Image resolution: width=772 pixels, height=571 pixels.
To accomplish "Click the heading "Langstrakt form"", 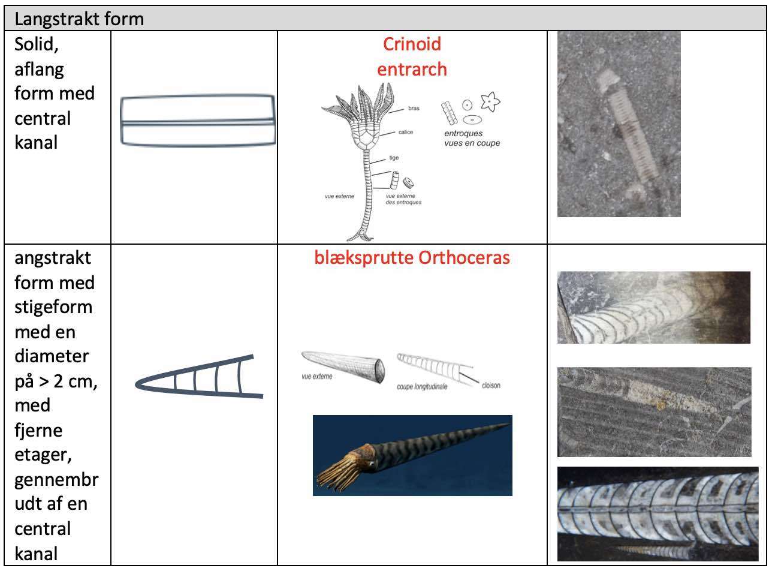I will click(79, 19).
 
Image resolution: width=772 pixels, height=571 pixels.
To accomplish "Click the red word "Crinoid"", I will click(412, 44).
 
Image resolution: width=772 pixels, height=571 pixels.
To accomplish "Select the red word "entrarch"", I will click(412, 70).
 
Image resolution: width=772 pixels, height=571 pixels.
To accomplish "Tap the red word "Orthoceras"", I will click(464, 258).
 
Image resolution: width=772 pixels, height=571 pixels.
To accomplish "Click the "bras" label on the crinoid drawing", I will click(414, 109).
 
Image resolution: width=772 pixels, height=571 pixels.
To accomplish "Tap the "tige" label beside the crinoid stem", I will click(394, 158).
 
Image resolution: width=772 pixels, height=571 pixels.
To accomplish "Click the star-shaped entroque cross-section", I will click(491, 103).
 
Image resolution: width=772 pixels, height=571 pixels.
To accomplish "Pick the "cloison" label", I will click(491, 385).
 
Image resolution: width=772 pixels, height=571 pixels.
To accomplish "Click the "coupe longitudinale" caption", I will click(422, 386).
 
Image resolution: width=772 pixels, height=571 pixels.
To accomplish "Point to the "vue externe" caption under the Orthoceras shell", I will click(317, 377).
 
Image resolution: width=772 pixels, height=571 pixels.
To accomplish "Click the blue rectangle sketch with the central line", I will click(198, 120).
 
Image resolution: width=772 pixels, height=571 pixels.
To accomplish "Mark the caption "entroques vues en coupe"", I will click(472, 139).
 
